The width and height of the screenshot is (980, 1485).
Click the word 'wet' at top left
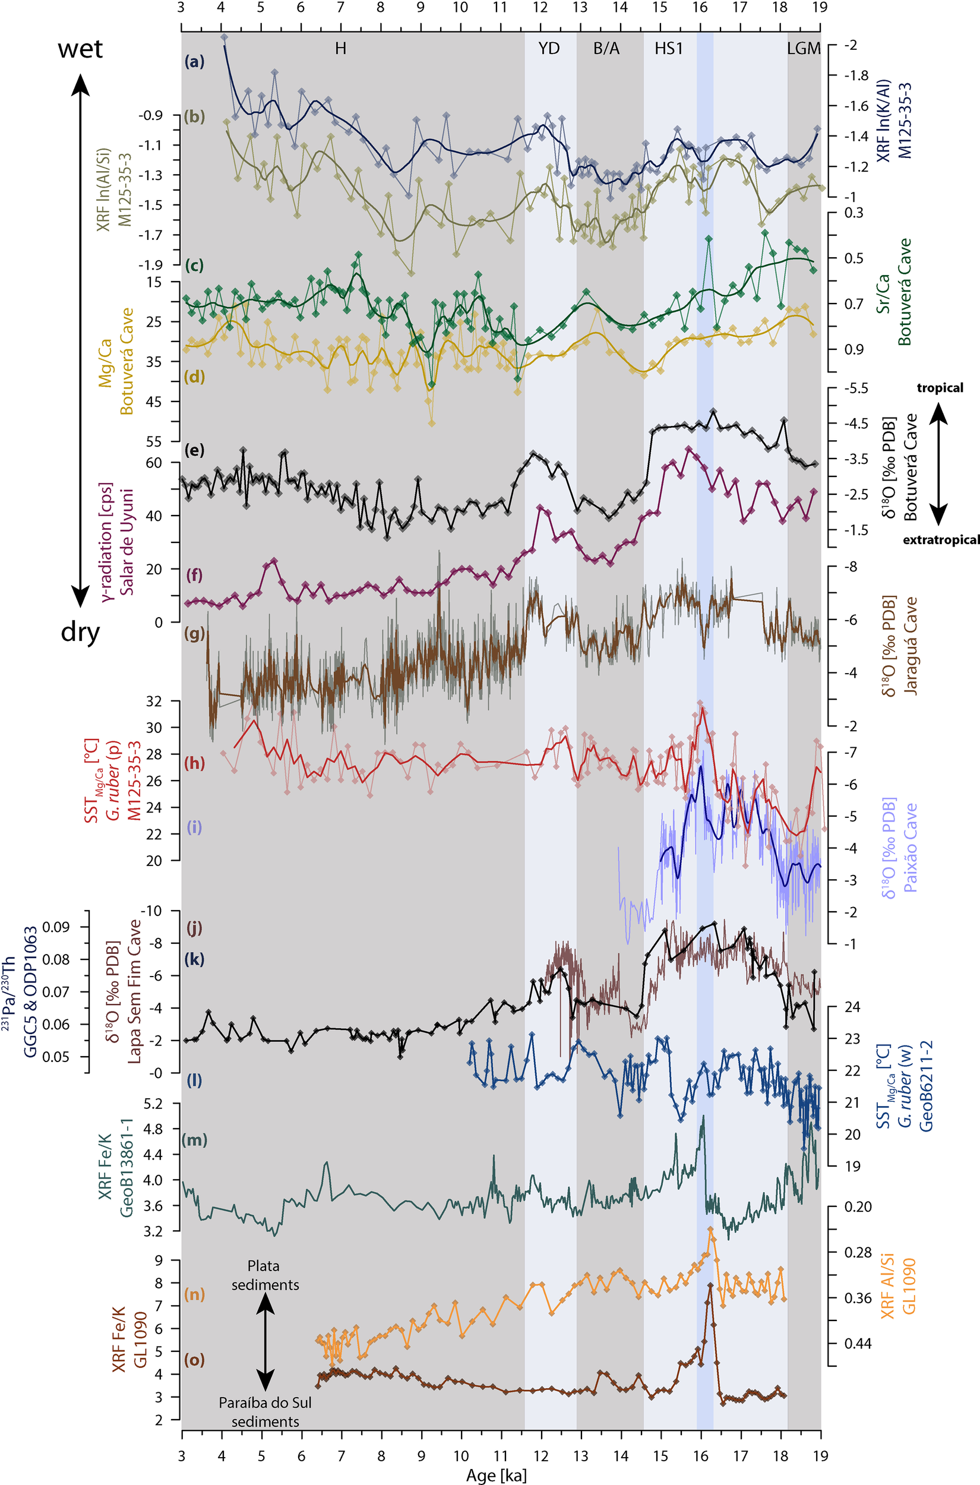80,48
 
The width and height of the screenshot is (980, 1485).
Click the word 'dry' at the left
80,633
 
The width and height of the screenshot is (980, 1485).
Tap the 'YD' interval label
549,49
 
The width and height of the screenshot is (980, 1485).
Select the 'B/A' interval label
606,49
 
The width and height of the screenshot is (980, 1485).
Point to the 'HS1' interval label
668,49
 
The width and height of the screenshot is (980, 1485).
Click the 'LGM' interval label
803,49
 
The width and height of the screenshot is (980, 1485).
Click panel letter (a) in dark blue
194,62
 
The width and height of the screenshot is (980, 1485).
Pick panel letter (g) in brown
194,634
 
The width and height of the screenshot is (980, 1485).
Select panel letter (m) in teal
194,1140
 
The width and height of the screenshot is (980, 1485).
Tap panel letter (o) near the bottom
194,1360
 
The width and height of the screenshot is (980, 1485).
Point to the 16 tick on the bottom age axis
701,1456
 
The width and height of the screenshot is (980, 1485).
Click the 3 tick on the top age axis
181,8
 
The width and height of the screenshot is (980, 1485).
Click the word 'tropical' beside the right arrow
940,388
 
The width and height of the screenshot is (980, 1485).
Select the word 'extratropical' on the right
941,540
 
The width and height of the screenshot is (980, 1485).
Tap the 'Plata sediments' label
264,1275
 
